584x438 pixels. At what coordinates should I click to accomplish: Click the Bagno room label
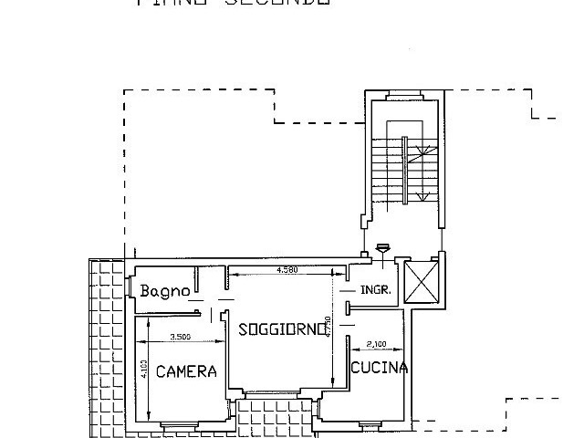pyautogui.click(x=164, y=291)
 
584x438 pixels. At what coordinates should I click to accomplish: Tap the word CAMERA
pyautogui.click(x=185, y=371)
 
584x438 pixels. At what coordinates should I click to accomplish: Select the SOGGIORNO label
pyautogui.click(x=281, y=329)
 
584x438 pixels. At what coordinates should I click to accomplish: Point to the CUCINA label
pyautogui.click(x=379, y=368)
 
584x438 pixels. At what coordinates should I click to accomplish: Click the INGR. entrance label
pyautogui.click(x=376, y=291)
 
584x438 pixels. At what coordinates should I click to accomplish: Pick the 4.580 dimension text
pyautogui.click(x=287, y=271)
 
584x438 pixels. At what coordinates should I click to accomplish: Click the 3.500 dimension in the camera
pyautogui.click(x=180, y=337)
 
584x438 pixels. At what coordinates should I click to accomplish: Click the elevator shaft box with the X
pyautogui.click(x=421, y=280)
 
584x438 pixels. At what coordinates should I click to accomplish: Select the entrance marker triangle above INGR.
pyautogui.click(x=382, y=245)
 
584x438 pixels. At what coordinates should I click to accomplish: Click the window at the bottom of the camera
pyautogui.click(x=185, y=424)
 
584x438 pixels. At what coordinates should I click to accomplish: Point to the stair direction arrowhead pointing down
pyautogui.click(x=421, y=196)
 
